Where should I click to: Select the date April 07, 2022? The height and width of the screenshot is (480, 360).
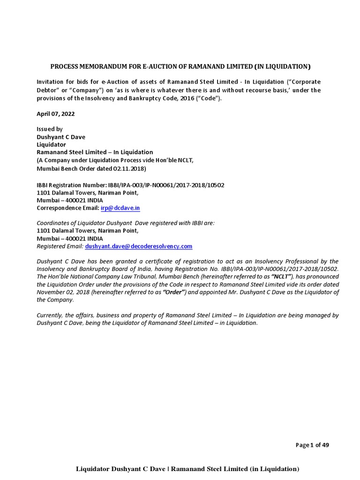[55, 113]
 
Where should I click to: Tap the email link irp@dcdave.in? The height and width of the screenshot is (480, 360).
[120, 208]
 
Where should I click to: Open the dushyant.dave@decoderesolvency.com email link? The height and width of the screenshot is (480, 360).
[138, 246]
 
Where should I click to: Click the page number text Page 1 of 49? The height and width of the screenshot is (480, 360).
[312, 445]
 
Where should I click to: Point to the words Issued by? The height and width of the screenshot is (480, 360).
[50, 129]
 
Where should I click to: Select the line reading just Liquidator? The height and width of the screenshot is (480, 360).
[51, 144]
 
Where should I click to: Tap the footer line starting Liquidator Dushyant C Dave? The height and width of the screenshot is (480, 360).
[187, 469]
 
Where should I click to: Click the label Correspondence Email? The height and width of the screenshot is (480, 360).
[68, 208]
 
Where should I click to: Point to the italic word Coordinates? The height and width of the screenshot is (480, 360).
[53, 223]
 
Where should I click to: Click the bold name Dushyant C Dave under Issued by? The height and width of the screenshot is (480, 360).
[61, 137]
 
